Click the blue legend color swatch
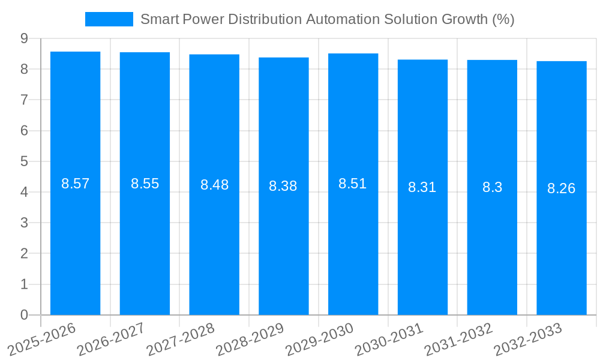(109, 19)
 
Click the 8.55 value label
(145, 184)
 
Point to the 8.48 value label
(214, 185)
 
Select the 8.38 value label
(283, 186)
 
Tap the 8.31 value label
(422, 187)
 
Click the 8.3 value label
(492, 187)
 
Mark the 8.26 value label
(561, 188)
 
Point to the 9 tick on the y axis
(24, 38)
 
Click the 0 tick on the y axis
(24, 315)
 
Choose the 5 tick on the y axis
(24, 161)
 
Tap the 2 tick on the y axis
(24, 254)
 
